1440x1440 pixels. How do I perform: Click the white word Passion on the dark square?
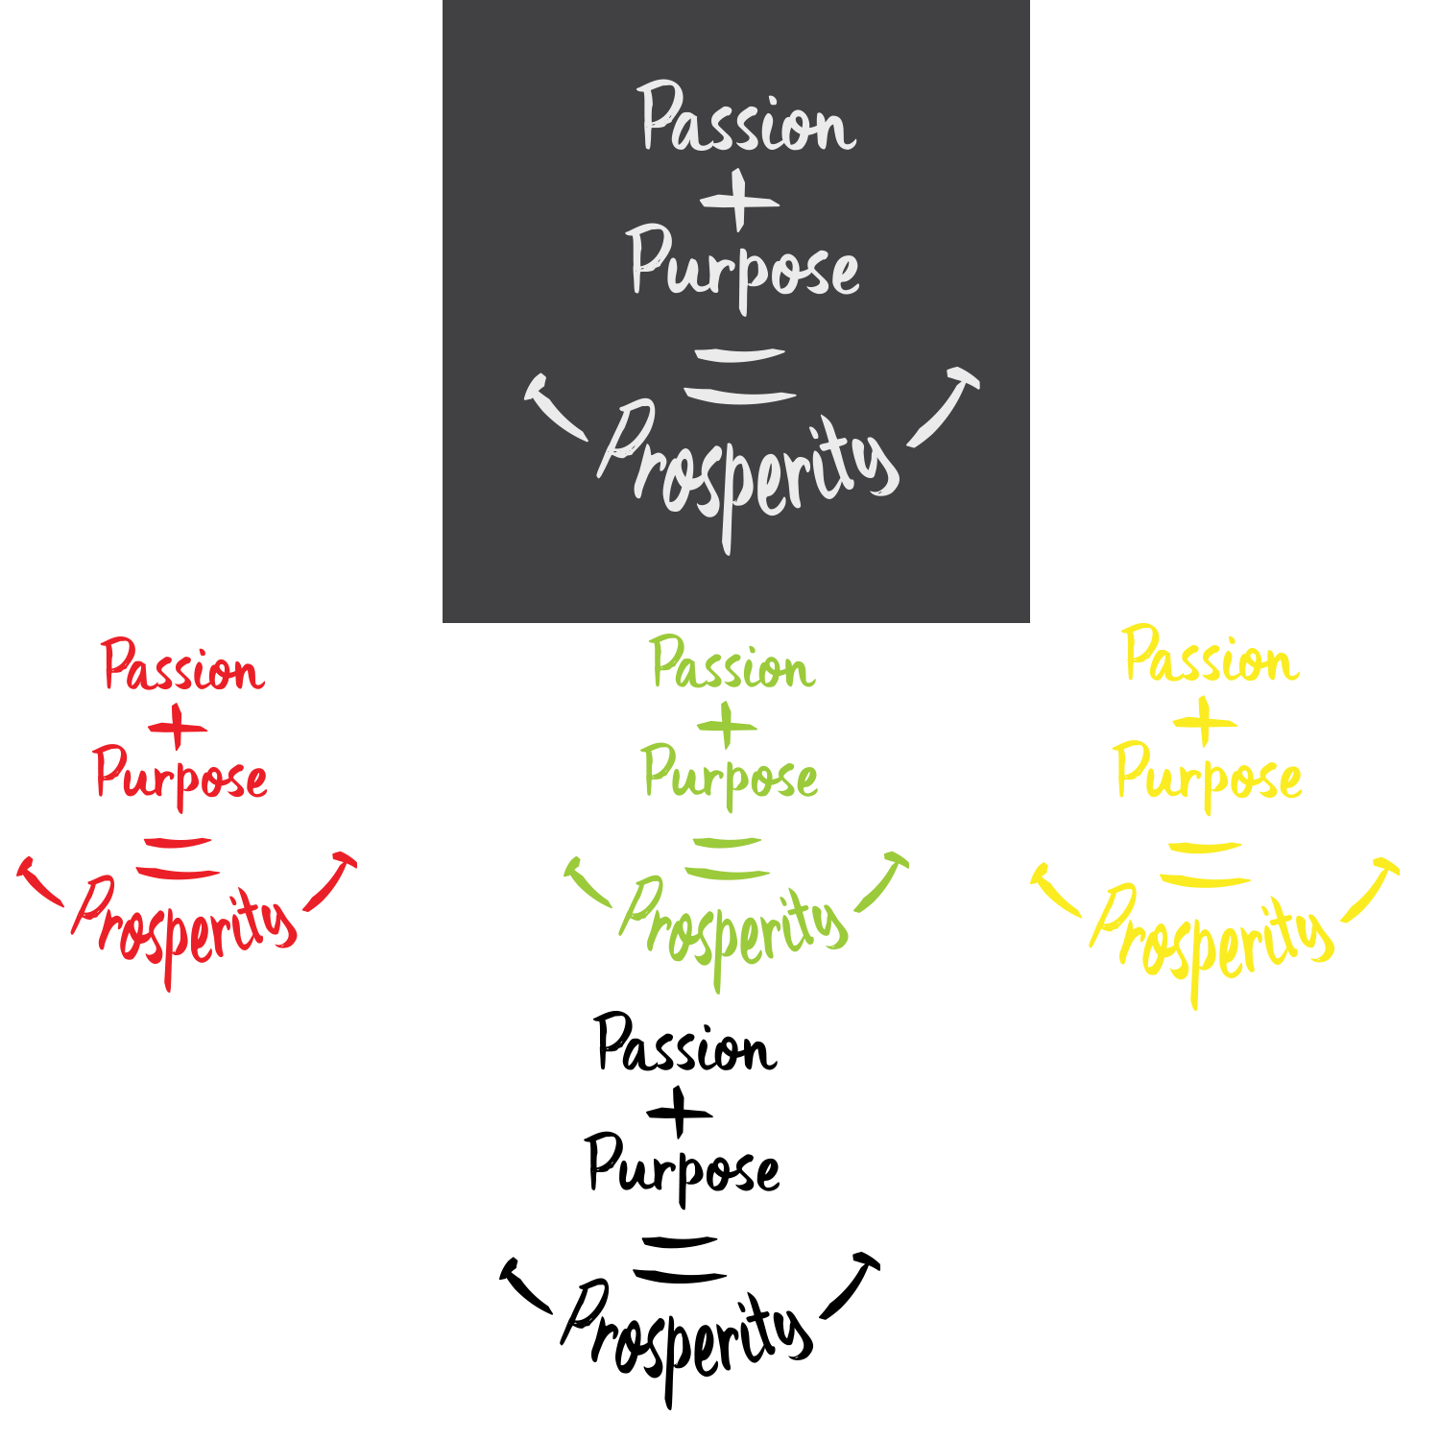[747, 121]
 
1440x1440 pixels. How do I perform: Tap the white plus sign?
[738, 202]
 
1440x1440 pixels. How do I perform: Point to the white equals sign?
[740, 375]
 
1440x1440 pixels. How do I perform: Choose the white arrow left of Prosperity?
[554, 406]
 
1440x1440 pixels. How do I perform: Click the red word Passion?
[182, 668]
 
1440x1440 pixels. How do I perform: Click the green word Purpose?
[731, 776]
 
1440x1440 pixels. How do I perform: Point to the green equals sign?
[727, 858]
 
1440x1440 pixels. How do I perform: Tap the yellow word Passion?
[1211, 660]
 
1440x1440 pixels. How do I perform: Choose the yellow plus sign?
[1205, 722]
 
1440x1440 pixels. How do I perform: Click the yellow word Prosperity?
[1212, 936]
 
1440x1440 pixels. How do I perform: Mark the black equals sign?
[679, 1259]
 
